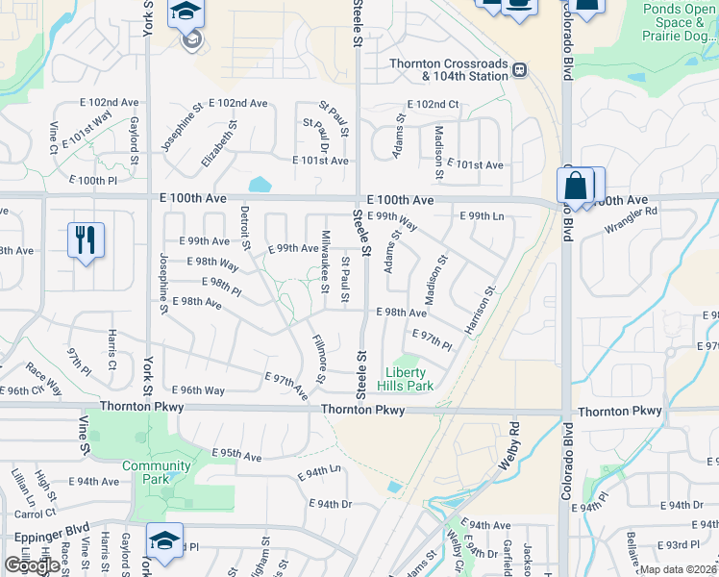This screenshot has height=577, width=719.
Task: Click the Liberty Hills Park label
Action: click(x=409, y=379)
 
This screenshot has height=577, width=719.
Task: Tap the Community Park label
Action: click(x=156, y=472)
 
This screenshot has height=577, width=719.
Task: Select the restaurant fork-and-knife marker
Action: click(x=86, y=241)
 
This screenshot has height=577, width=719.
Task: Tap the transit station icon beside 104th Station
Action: click(x=519, y=69)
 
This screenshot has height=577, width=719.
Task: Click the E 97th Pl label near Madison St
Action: click(x=432, y=339)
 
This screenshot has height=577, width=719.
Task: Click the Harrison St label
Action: click(x=481, y=311)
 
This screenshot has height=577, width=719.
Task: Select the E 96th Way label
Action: click(x=198, y=390)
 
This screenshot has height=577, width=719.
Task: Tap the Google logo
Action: click(x=32, y=565)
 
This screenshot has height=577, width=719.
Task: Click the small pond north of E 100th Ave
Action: click(x=259, y=184)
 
